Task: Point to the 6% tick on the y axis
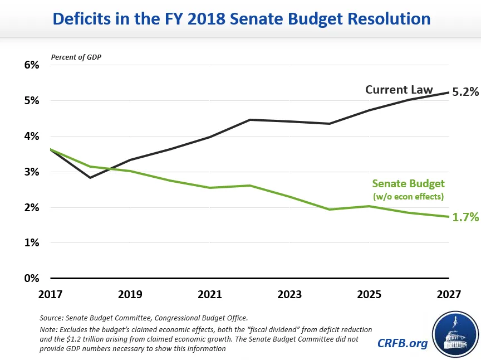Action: pyautogui.click(x=31, y=65)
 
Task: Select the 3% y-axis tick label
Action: pyautogui.click(x=31, y=172)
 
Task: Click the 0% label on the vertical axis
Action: pyautogui.click(x=31, y=278)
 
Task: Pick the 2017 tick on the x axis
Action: pyautogui.click(x=51, y=294)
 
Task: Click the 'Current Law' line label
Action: pyautogui.click(x=399, y=90)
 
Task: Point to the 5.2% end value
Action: pyautogui.click(x=465, y=93)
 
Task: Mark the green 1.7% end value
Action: pyautogui.click(x=465, y=218)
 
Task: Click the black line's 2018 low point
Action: pyautogui.click(x=90, y=178)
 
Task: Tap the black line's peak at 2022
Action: pyautogui.click(x=250, y=120)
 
